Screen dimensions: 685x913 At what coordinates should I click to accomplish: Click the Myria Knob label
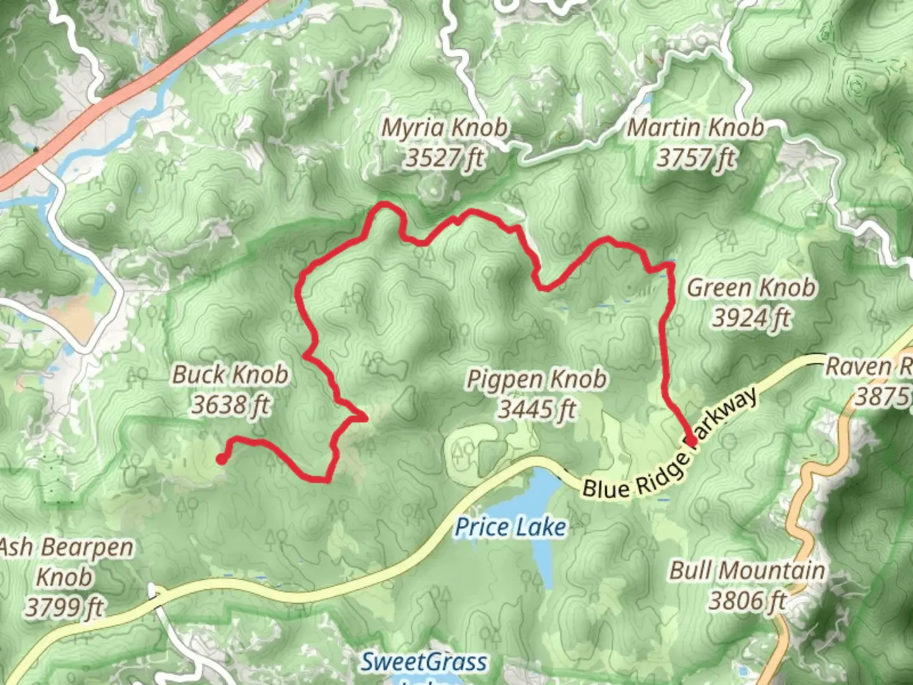(x=444, y=128)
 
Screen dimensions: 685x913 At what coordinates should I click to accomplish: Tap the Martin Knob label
(x=696, y=128)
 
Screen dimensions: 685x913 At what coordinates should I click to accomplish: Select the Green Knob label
(x=751, y=288)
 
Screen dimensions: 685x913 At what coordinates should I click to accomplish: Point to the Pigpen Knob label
(x=537, y=379)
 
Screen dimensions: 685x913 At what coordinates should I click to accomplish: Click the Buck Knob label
(x=231, y=374)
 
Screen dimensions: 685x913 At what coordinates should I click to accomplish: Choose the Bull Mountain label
(x=748, y=570)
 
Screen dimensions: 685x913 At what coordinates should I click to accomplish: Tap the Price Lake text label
(x=510, y=528)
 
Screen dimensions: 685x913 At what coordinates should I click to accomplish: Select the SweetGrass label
(x=424, y=662)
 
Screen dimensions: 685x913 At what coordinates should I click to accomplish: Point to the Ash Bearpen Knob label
(x=65, y=562)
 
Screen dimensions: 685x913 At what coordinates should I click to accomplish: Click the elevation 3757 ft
(x=696, y=158)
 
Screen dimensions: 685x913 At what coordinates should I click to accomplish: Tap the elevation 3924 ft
(x=751, y=318)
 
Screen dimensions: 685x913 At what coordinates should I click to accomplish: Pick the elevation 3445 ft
(x=537, y=410)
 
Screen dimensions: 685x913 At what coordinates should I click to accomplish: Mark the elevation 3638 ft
(x=231, y=405)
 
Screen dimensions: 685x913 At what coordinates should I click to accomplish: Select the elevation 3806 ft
(x=748, y=601)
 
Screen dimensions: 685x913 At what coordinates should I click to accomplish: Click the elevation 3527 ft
(x=444, y=158)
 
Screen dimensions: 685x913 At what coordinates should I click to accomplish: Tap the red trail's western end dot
(x=221, y=459)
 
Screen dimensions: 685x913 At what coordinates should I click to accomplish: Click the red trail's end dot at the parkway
(x=691, y=440)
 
